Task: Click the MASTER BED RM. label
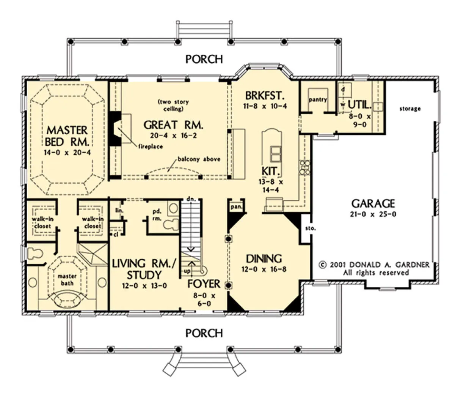click(67, 136)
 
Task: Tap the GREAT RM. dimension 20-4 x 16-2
click(173, 136)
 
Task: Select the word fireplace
click(151, 146)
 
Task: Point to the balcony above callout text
click(199, 159)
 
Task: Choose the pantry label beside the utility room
click(318, 100)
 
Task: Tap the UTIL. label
click(360, 105)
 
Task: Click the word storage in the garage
click(410, 109)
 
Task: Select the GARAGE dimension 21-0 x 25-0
click(373, 214)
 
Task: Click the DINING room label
click(264, 259)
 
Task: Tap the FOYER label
click(204, 284)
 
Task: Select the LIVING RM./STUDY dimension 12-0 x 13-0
click(144, 286)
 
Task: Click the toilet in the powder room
click(171, 225)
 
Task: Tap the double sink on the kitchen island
click(276, 154)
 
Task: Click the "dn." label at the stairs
click(191, 199)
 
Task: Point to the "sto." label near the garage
click(311, 229)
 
